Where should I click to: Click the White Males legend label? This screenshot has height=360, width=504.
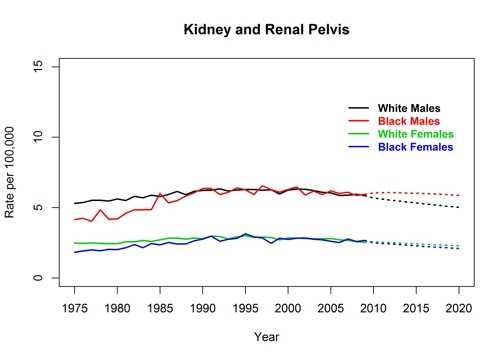pos(409,108)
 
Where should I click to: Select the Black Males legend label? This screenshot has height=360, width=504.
pos(409,121)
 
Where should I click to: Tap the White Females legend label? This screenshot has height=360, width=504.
pos(415,134)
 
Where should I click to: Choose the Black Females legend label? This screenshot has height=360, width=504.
pos(415,147)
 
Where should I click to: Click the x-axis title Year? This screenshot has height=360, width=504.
pos(267,336)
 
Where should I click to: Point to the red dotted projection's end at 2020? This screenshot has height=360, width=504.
pos(459,195)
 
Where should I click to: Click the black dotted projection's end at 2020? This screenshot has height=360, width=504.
pos(459,207)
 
